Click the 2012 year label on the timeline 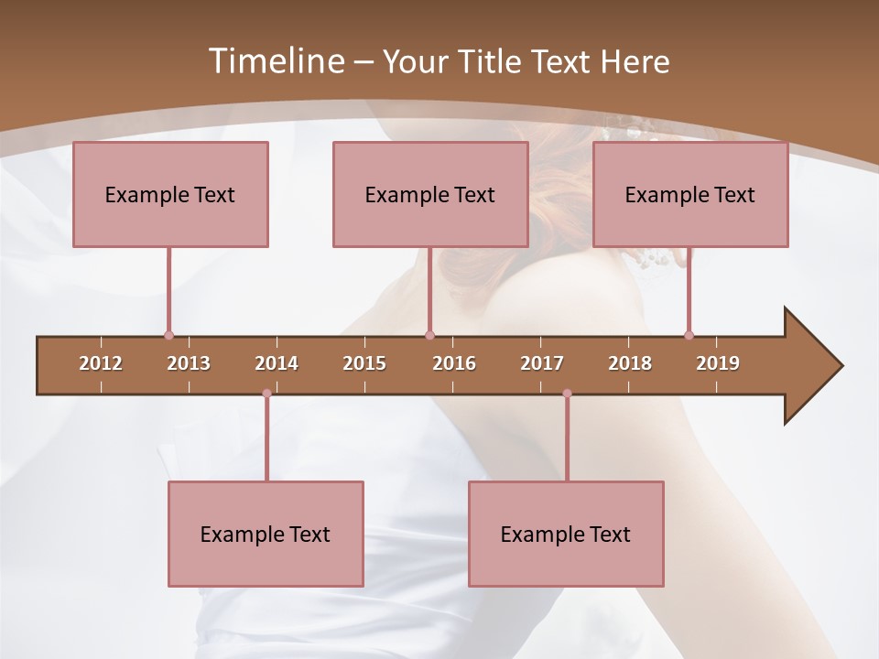click(x=101, y=363)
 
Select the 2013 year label click(x=189, y=363)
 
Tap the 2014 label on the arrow click(x=277, y=363)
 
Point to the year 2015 click(x=364, y=363)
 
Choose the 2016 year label click(x=454, y=363)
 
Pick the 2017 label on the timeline click(x=542, y=363)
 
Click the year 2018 click(x=630, y=363)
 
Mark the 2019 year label click(x=718, y=363)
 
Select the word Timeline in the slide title click(x=275, y=61)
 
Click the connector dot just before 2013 click(x=168, y=335)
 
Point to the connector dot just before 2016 click(x=430, y=335)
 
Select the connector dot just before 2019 click(x=689, y=335)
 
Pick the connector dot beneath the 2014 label click(x=266, y=394)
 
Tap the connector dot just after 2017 click(x=567, y=394)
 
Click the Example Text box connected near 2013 click(x=170, y=195)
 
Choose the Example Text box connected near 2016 click(x=430, y=195)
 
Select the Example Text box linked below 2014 click(x=266, y=535)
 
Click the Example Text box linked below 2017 click(x=566, y=535)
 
